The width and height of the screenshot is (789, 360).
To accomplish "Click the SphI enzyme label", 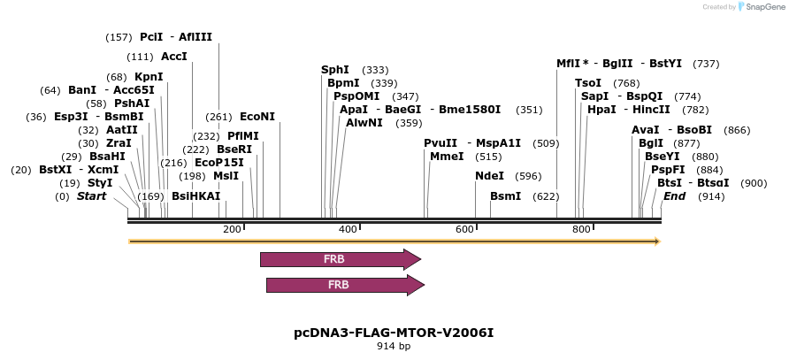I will point(335,70).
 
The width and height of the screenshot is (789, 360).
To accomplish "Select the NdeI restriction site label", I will point(489,176).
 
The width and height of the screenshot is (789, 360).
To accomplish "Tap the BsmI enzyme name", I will point(506,196).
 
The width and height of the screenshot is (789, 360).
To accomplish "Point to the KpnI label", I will point(149,77).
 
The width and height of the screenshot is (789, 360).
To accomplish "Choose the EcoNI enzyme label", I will point(257,117).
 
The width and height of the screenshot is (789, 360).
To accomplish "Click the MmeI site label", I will point(447,157).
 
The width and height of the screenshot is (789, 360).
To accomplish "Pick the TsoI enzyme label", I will point(588,83).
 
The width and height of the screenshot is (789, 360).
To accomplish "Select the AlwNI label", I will point(364,123).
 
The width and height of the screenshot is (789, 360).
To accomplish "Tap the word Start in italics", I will point(91,196).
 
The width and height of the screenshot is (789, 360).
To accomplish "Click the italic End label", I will point(675,196).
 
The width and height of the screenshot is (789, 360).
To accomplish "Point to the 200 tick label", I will point(232,230).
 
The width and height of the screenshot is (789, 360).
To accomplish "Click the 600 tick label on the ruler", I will point(465,230).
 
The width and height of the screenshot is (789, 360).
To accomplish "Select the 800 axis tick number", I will point(581,230).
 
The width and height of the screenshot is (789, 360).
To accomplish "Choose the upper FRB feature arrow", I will point(340,259).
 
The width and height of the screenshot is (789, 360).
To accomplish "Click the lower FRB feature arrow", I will point(344,285).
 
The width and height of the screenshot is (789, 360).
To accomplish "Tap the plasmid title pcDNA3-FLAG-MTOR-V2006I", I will point(394,333).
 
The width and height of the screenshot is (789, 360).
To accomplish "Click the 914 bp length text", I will point(394,347).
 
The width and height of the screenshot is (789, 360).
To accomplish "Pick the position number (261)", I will point(218,117).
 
